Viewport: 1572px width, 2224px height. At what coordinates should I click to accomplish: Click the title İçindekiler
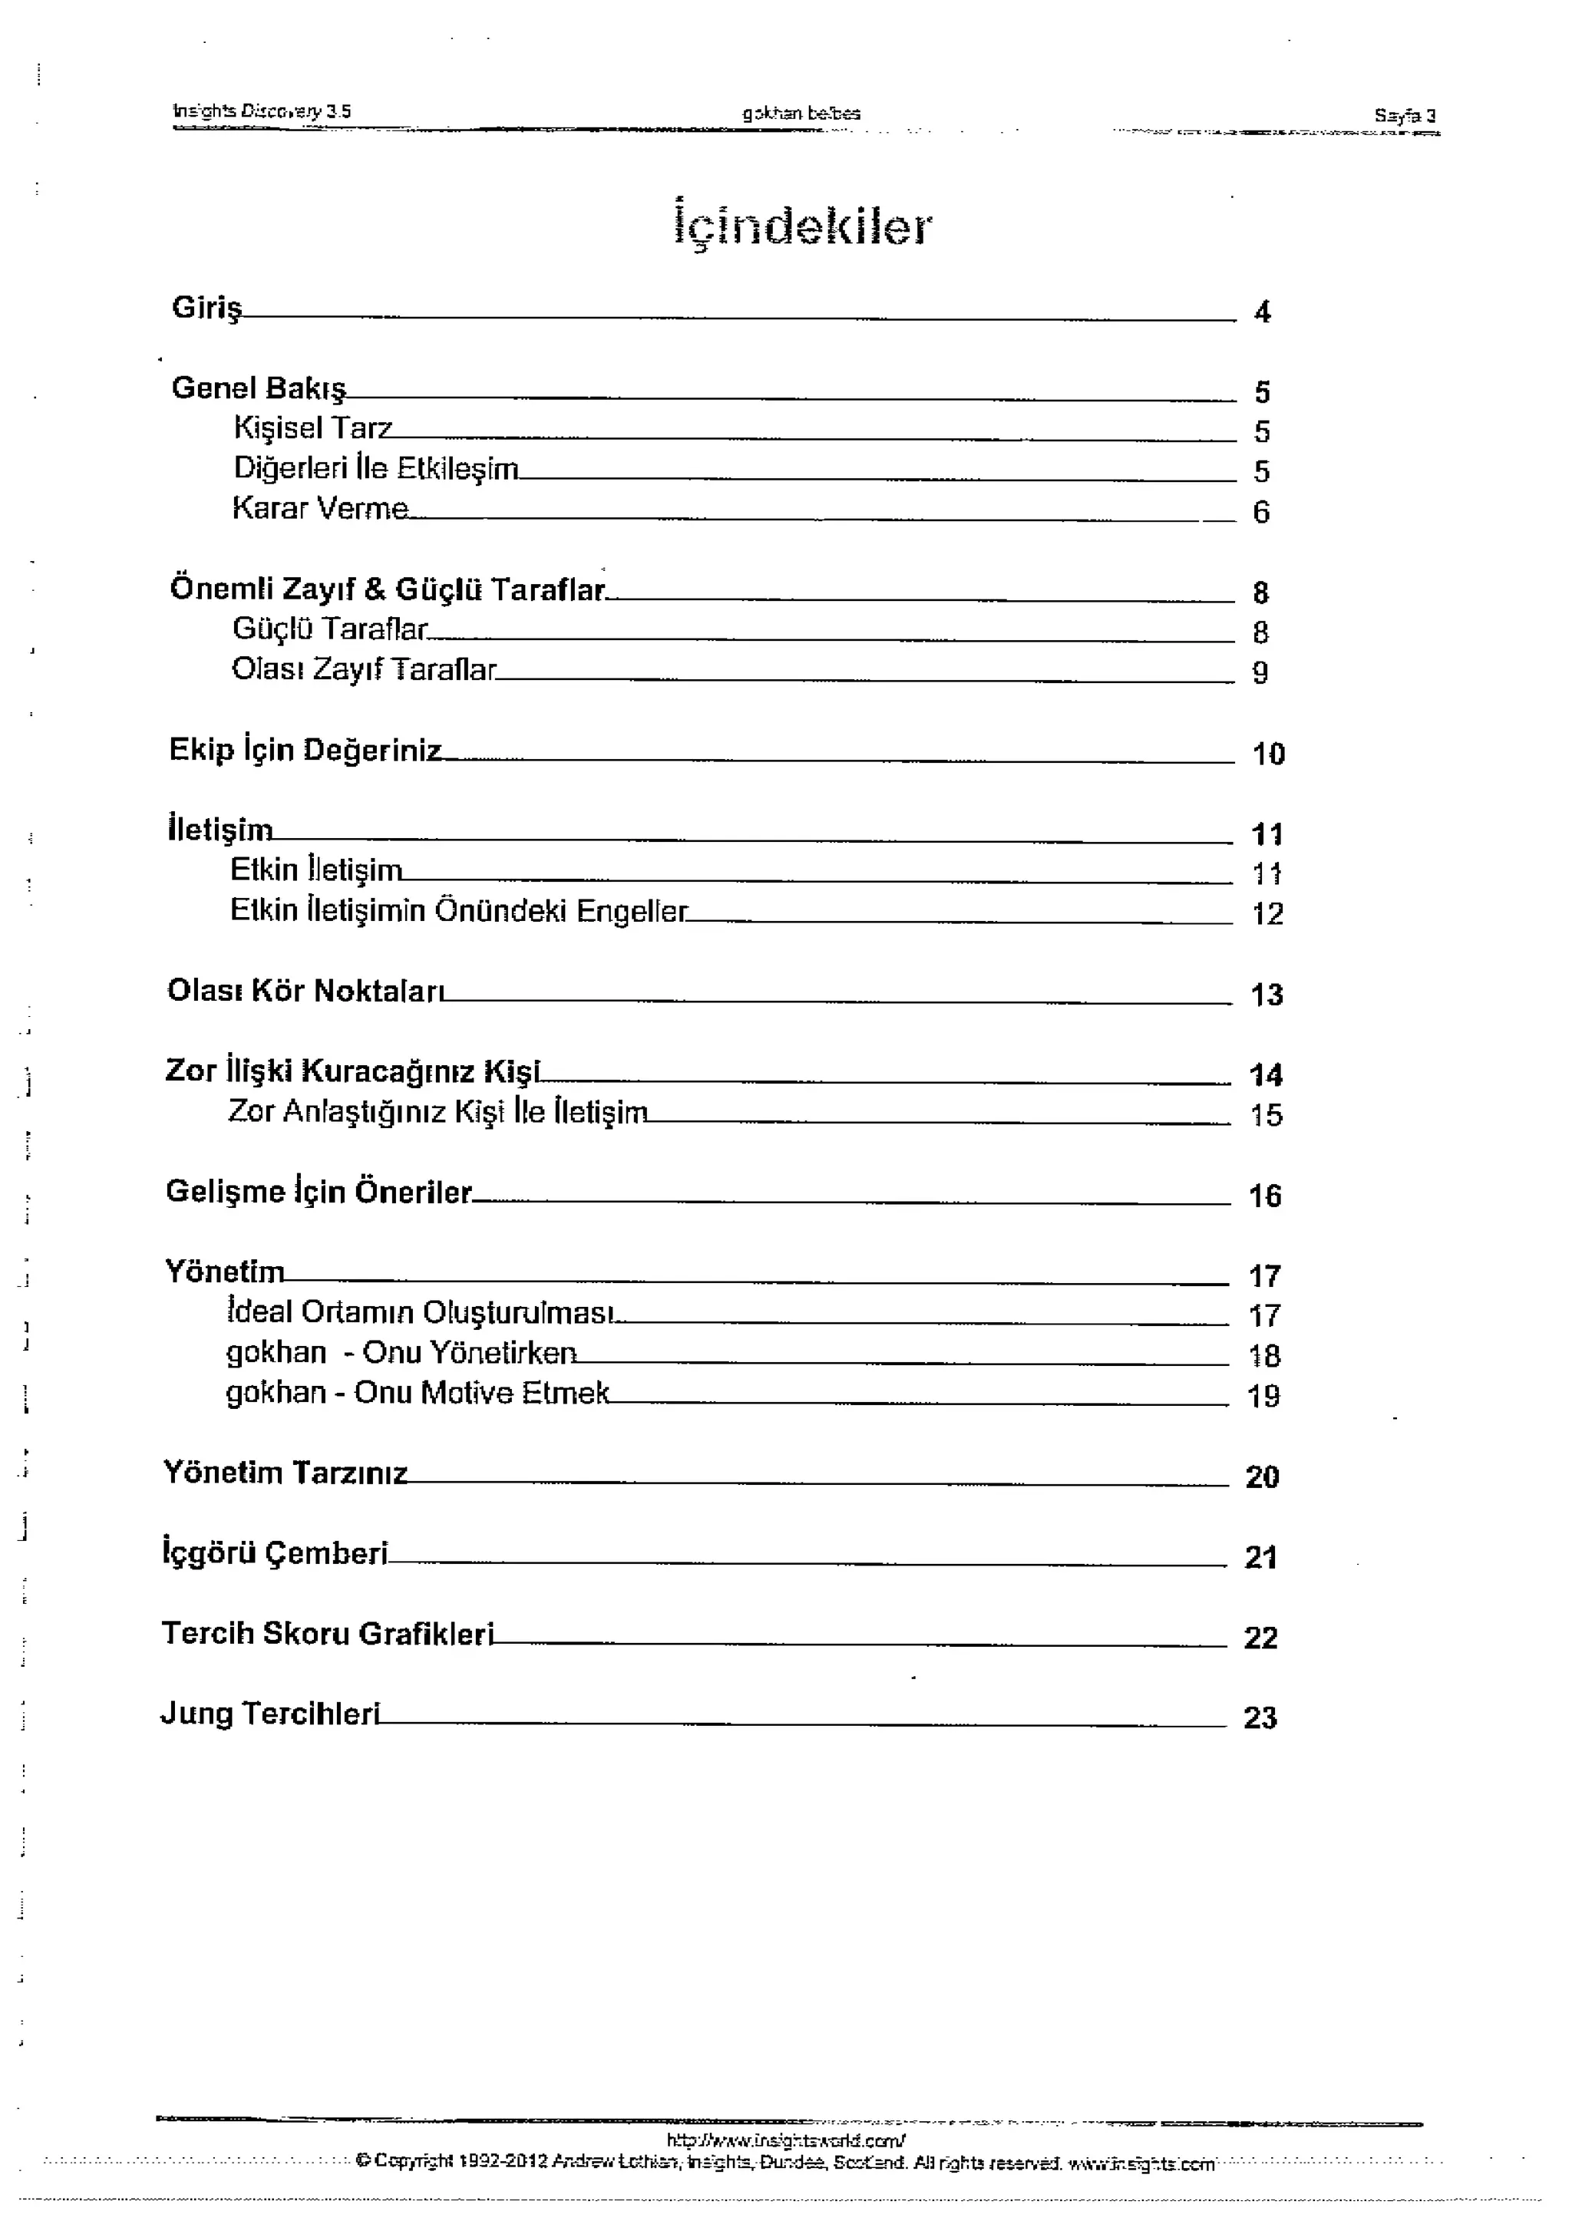pyautogui.click(x=802, y=226)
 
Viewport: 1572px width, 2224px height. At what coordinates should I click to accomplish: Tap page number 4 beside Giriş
pyautogui.click(x=1262, y=312)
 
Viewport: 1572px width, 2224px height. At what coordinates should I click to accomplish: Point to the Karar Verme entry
pyautogui.click(x=319, y=509)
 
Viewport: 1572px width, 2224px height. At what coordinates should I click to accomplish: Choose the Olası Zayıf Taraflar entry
pyautogui.click(x=363, y=669)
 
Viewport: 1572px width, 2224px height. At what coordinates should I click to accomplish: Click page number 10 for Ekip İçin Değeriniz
pyautogui.click(x=1268, y=754)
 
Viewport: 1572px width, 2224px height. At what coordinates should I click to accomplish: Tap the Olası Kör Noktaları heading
pyautogui.click(x=305, y=991)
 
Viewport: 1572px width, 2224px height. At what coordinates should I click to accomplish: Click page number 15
pyautogui.click(x=1266, y=1115)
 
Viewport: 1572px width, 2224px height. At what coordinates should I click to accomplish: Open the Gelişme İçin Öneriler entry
pyautogui.click(x=318, y=1191)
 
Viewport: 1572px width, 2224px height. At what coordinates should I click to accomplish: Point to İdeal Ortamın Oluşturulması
pyautogui.click(x=419, y=1312)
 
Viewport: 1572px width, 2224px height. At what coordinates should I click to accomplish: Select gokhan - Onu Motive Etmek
pyautogui.click(x=418, y=1393)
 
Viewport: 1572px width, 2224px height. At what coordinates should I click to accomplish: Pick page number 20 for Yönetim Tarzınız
pyautogui.click(x=1262, y=1477)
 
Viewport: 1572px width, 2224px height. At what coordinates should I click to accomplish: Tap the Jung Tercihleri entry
pyautogui.click(x=269, y=1714)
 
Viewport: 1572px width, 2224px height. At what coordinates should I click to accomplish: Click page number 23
pyautogui.click(x=1260, y=1717)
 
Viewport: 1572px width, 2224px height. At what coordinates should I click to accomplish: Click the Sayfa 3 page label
pyautogui.click(x=1405, y=115)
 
